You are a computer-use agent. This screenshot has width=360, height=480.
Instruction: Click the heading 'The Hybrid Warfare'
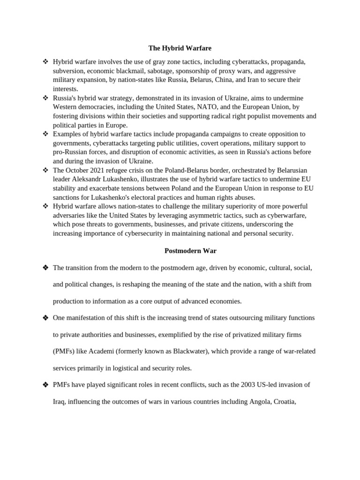pyautogui.click(x=180, y=48)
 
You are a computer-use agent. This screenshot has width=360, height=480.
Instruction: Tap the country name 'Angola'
pyautogui.click(x=254, y=402)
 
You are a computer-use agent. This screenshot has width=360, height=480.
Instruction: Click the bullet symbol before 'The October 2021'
pyautogui.click(x=45, y=170)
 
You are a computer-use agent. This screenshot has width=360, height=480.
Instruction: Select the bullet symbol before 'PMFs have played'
pyautogui.click(x=45, y=385)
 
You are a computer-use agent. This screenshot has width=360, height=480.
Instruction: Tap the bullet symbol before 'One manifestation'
pyautogui.click(x=45, y=318)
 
